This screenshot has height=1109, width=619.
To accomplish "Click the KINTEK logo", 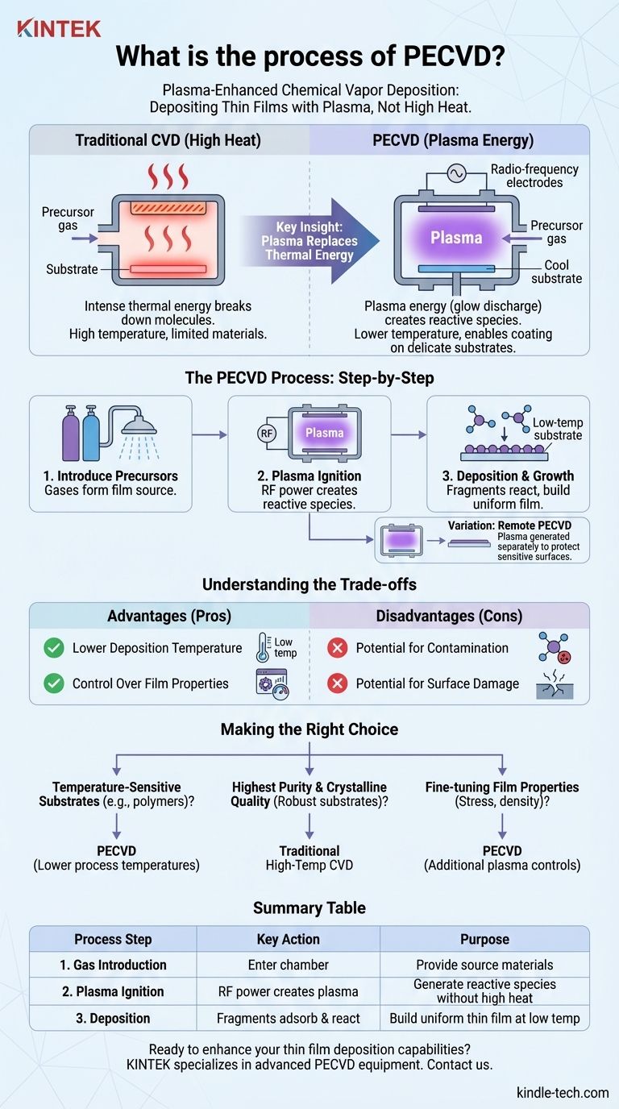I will pos(59,29).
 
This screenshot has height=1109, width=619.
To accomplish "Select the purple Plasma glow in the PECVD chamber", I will pos(456,238).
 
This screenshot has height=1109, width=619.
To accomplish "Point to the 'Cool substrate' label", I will pos(556,271).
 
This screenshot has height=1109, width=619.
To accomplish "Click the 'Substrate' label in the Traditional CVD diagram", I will pos(72,268).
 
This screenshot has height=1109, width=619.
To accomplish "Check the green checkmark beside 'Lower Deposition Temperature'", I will pos(54,648).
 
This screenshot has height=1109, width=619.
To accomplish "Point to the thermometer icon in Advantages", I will pos(262,647).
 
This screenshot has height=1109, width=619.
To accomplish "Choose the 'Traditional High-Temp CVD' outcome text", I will pos(309,858).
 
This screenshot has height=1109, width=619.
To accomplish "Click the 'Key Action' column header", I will pos(289,939).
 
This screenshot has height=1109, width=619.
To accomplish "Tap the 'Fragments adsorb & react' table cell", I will pos(289,1018).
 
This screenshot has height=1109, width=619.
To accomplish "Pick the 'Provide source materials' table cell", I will pos(484,965).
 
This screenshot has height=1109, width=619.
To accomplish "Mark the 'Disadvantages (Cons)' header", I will pos(449,617).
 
